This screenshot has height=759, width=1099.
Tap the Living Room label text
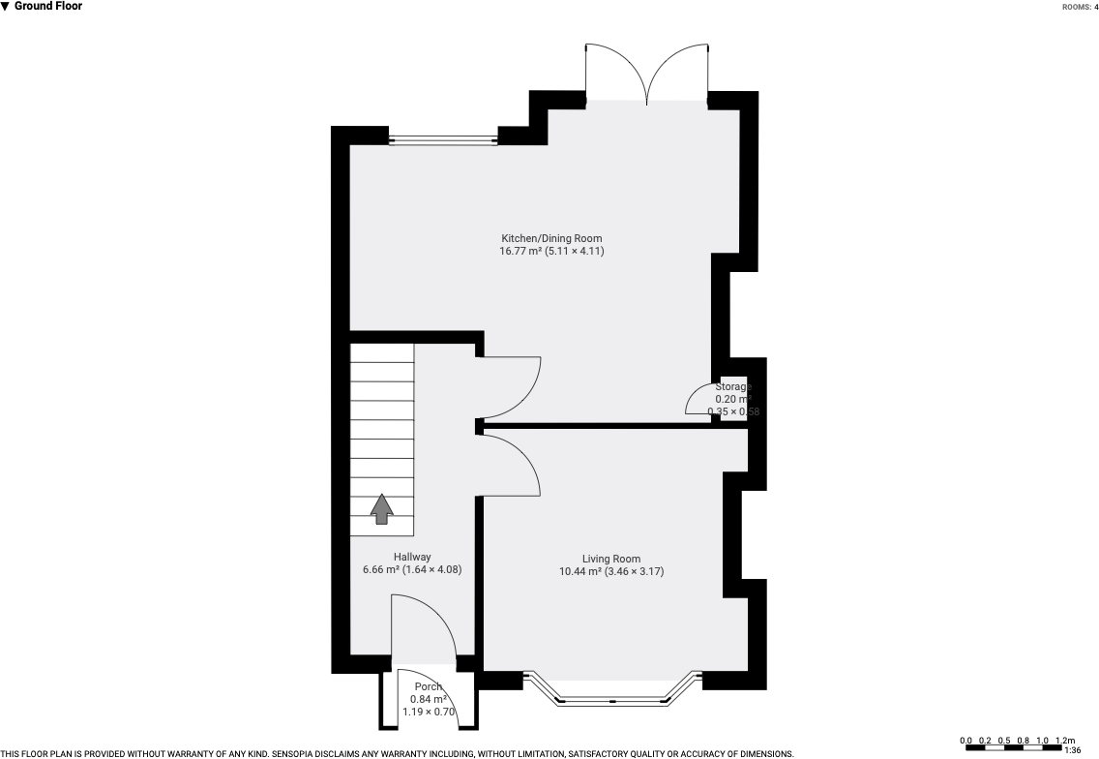pyautogui.click(x=610, y=559)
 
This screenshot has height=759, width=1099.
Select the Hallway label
pyautogui.click(x=411, y=557)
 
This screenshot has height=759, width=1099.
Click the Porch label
pyautogui.click(x=428, y=686)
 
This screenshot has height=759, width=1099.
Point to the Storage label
pyautogui.click(x=732, y=386)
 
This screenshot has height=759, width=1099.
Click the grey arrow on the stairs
pyautogui.click(x=382, y=508)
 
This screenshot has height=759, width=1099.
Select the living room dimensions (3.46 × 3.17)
pyautogui.click(x=635, y=572)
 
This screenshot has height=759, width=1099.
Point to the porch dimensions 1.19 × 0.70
pyautogui.click(x=428, y=713)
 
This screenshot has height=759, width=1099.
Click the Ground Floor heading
pyautogui.click(x=47, y=7)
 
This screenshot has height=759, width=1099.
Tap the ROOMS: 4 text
pyautogui.click(x=1079, y=7)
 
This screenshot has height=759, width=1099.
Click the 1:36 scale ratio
pyautogui.click(x=1072, y=750)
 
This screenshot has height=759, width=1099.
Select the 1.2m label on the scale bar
pyautogui.click(x=1064, y=741)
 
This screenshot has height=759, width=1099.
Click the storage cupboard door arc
pyautogui.click(x=699, y=401)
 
